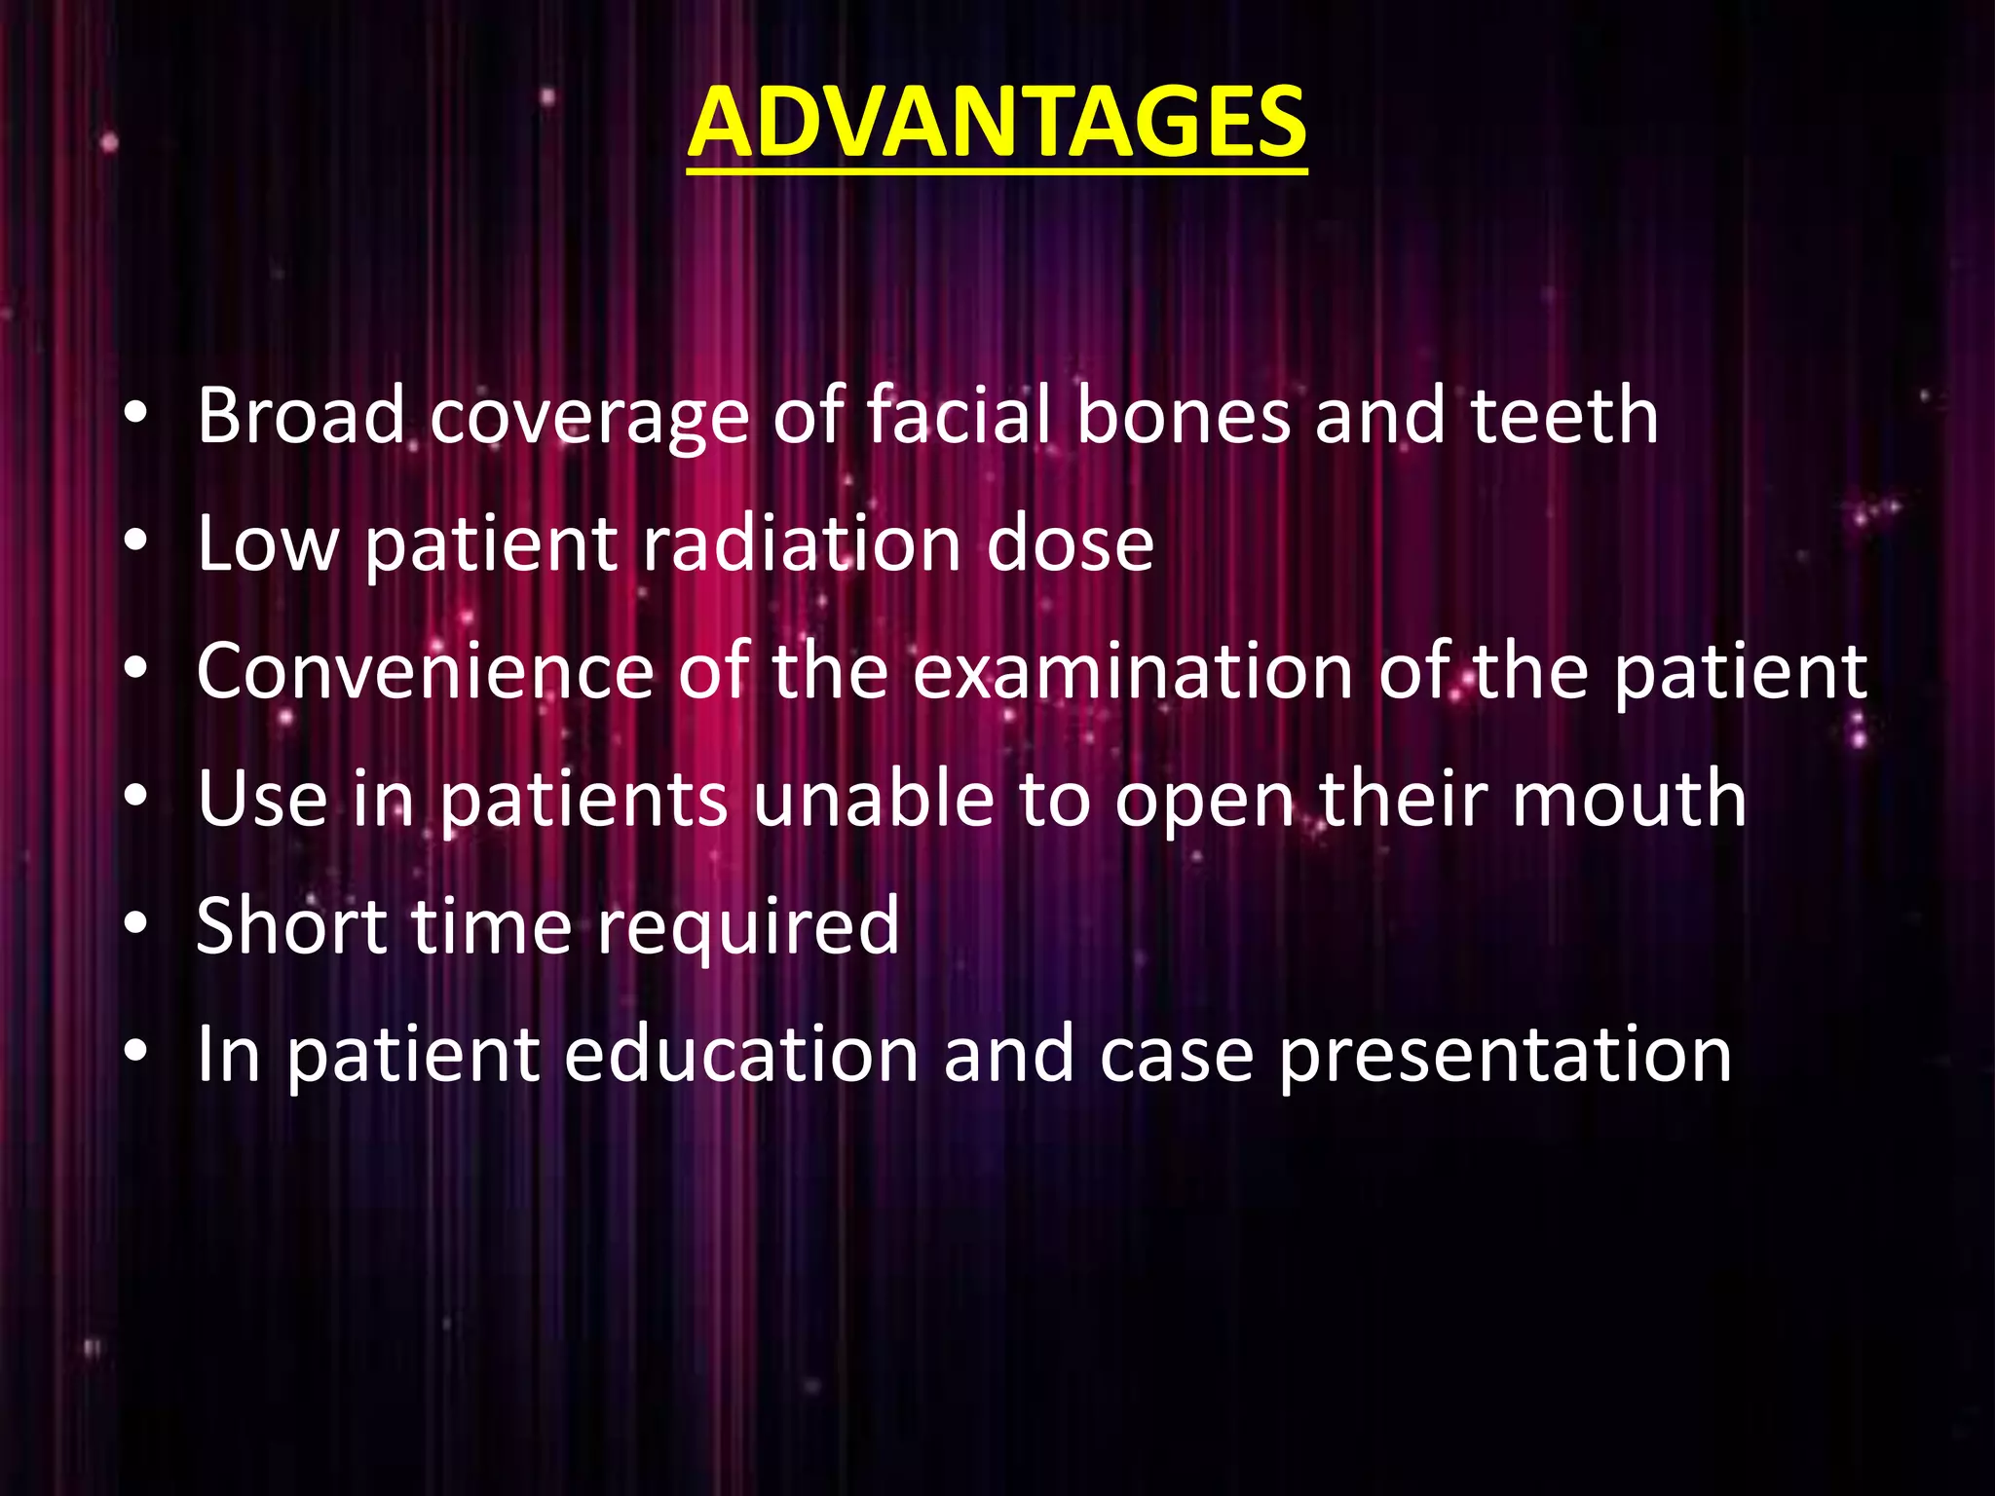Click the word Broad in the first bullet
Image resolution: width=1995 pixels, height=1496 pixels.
(300, 416)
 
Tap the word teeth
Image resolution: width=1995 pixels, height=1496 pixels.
(1563, 416)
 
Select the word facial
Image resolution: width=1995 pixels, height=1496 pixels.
(959, 416)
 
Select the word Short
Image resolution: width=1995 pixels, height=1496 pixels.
(291, 926)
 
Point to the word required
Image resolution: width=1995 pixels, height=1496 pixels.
(747, 928)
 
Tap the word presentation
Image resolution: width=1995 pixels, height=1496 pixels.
(1505, 1056)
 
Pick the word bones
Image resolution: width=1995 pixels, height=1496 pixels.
(1184, 416)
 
